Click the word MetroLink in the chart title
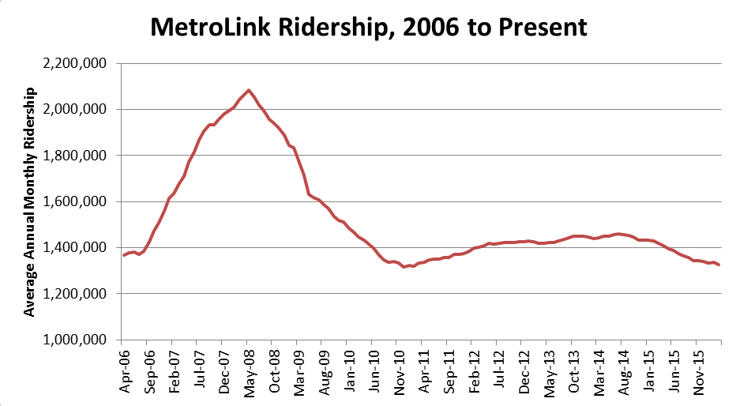pyautogui.click(x=208, y=28)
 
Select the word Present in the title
pyautogui.click(x=545, y=28)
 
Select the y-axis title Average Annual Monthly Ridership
pyautogui.click(x=29, y=202)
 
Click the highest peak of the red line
pyautogui.click(x=249, y=90)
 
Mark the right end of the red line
pyautogui.click(x=719, y=265)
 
